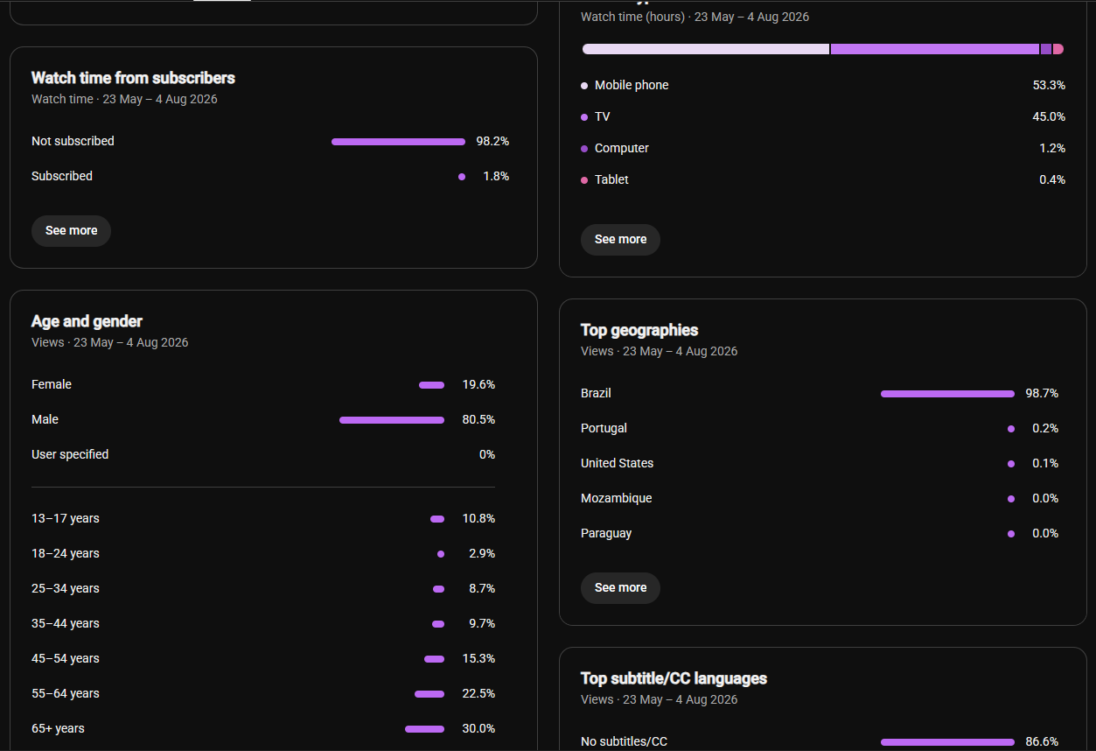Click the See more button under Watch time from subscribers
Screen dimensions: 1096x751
(x=71, y=230)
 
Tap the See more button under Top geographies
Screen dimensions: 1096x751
(x=620, y=587)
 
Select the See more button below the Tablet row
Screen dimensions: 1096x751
(x=620, y=240)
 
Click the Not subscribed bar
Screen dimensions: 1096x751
(x=398, y=142)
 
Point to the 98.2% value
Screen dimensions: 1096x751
(x=492, y=142)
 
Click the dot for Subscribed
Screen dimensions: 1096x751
(x=461, y=177)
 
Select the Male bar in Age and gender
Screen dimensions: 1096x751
(x=392, y=420)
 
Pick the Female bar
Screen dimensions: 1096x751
(x=431, y=385)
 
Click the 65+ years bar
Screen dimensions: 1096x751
(x=425, y=729)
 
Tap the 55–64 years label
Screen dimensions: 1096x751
(x=65, y=694)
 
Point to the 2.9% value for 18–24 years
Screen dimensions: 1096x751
(x=481, y=554)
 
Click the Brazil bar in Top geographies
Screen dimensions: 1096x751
(x=947, y=394)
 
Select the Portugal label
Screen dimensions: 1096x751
(x=604, y=428)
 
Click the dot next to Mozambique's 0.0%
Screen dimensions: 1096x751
(x=1011, y=499)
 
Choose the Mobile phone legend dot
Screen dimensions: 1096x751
(x=583, y=86)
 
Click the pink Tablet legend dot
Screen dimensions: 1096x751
(x=583, y=180)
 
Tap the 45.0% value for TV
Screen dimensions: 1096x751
(x=1049, y=117)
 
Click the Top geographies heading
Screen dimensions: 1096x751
(x=639, y=330)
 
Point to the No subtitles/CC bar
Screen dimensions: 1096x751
(x=947, y=742)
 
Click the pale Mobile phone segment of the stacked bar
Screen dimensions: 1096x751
(x=706, y=49)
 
